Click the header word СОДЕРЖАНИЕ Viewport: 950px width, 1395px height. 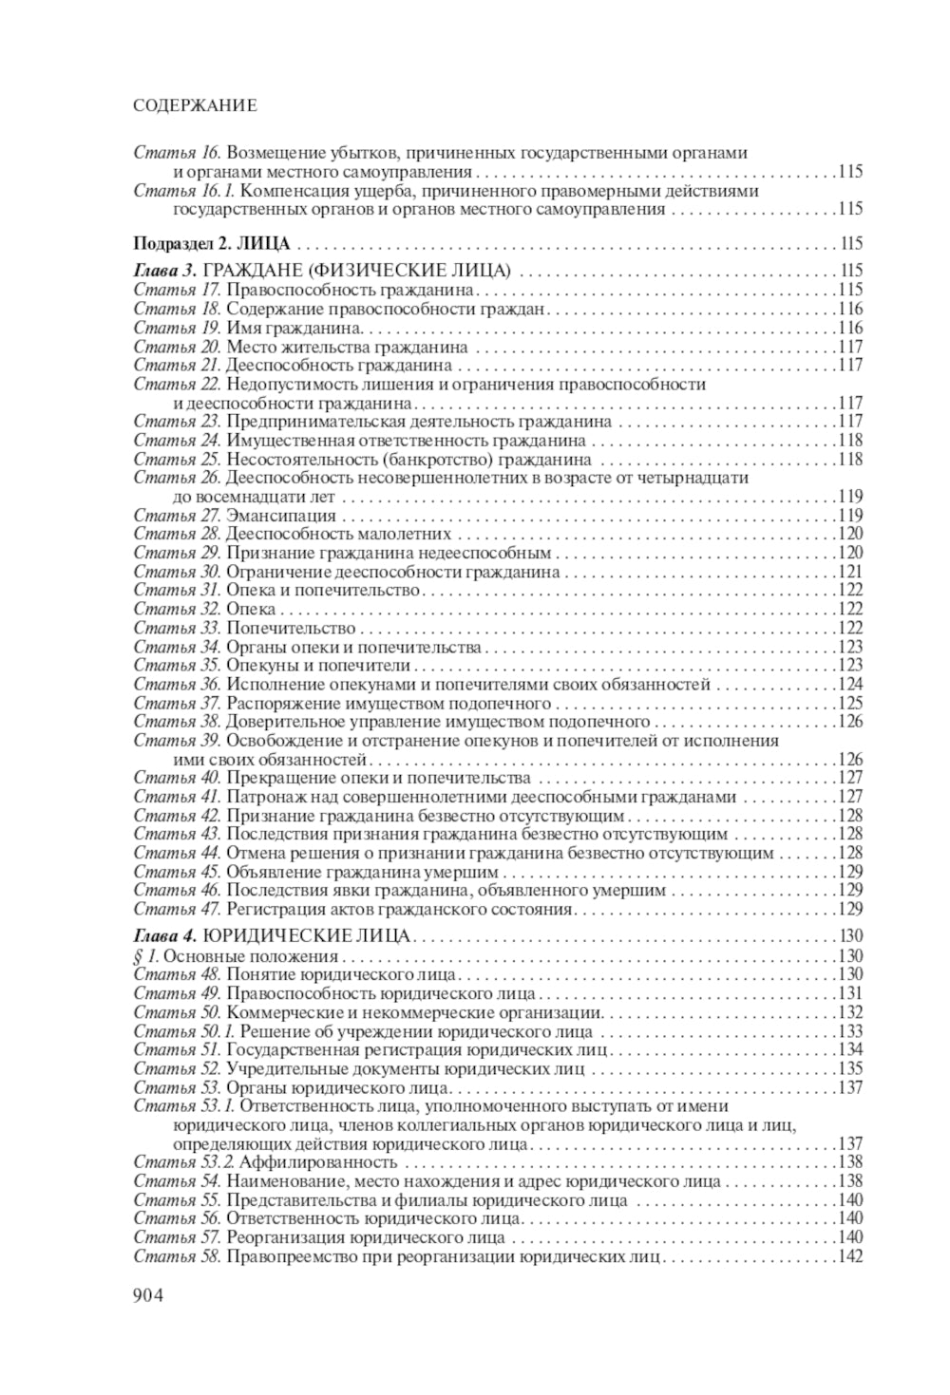click(195, 105)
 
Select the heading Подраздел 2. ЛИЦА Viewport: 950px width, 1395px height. click(211, 243)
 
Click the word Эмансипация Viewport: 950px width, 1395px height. click(281, 516)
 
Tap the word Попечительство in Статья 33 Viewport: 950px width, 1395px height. click(291, 628)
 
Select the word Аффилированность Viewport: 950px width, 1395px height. click(318, 1162)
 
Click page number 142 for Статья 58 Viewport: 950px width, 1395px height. click(850, 1256)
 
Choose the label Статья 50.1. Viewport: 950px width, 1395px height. click(183, 1031)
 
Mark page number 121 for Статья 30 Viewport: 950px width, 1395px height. click(850, 572)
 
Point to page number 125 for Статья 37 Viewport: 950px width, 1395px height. click(850, 704)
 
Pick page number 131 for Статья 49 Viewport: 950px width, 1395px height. click(850, 994)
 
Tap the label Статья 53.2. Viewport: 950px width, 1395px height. click(183, 1162)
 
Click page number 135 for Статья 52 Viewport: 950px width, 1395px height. click(850, 1069)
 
